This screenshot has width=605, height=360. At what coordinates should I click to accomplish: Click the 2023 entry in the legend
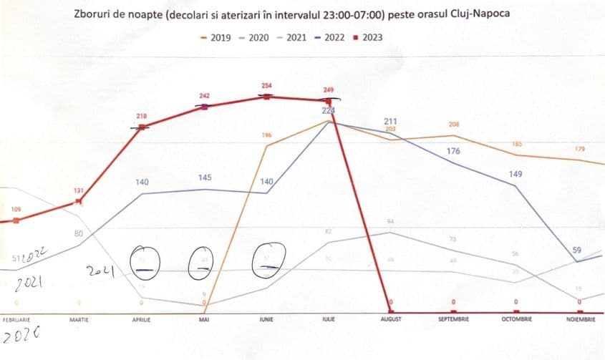tap(368, 38)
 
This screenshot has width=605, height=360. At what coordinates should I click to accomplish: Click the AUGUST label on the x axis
tap(390, 318)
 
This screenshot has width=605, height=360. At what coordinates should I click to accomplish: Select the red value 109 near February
tap(16, 209)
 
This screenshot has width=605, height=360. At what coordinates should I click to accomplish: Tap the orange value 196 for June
tap(266, 135)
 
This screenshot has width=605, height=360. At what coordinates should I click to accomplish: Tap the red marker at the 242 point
tap(204, 107)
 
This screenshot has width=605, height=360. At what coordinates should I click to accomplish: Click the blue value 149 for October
tap(515, 172)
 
